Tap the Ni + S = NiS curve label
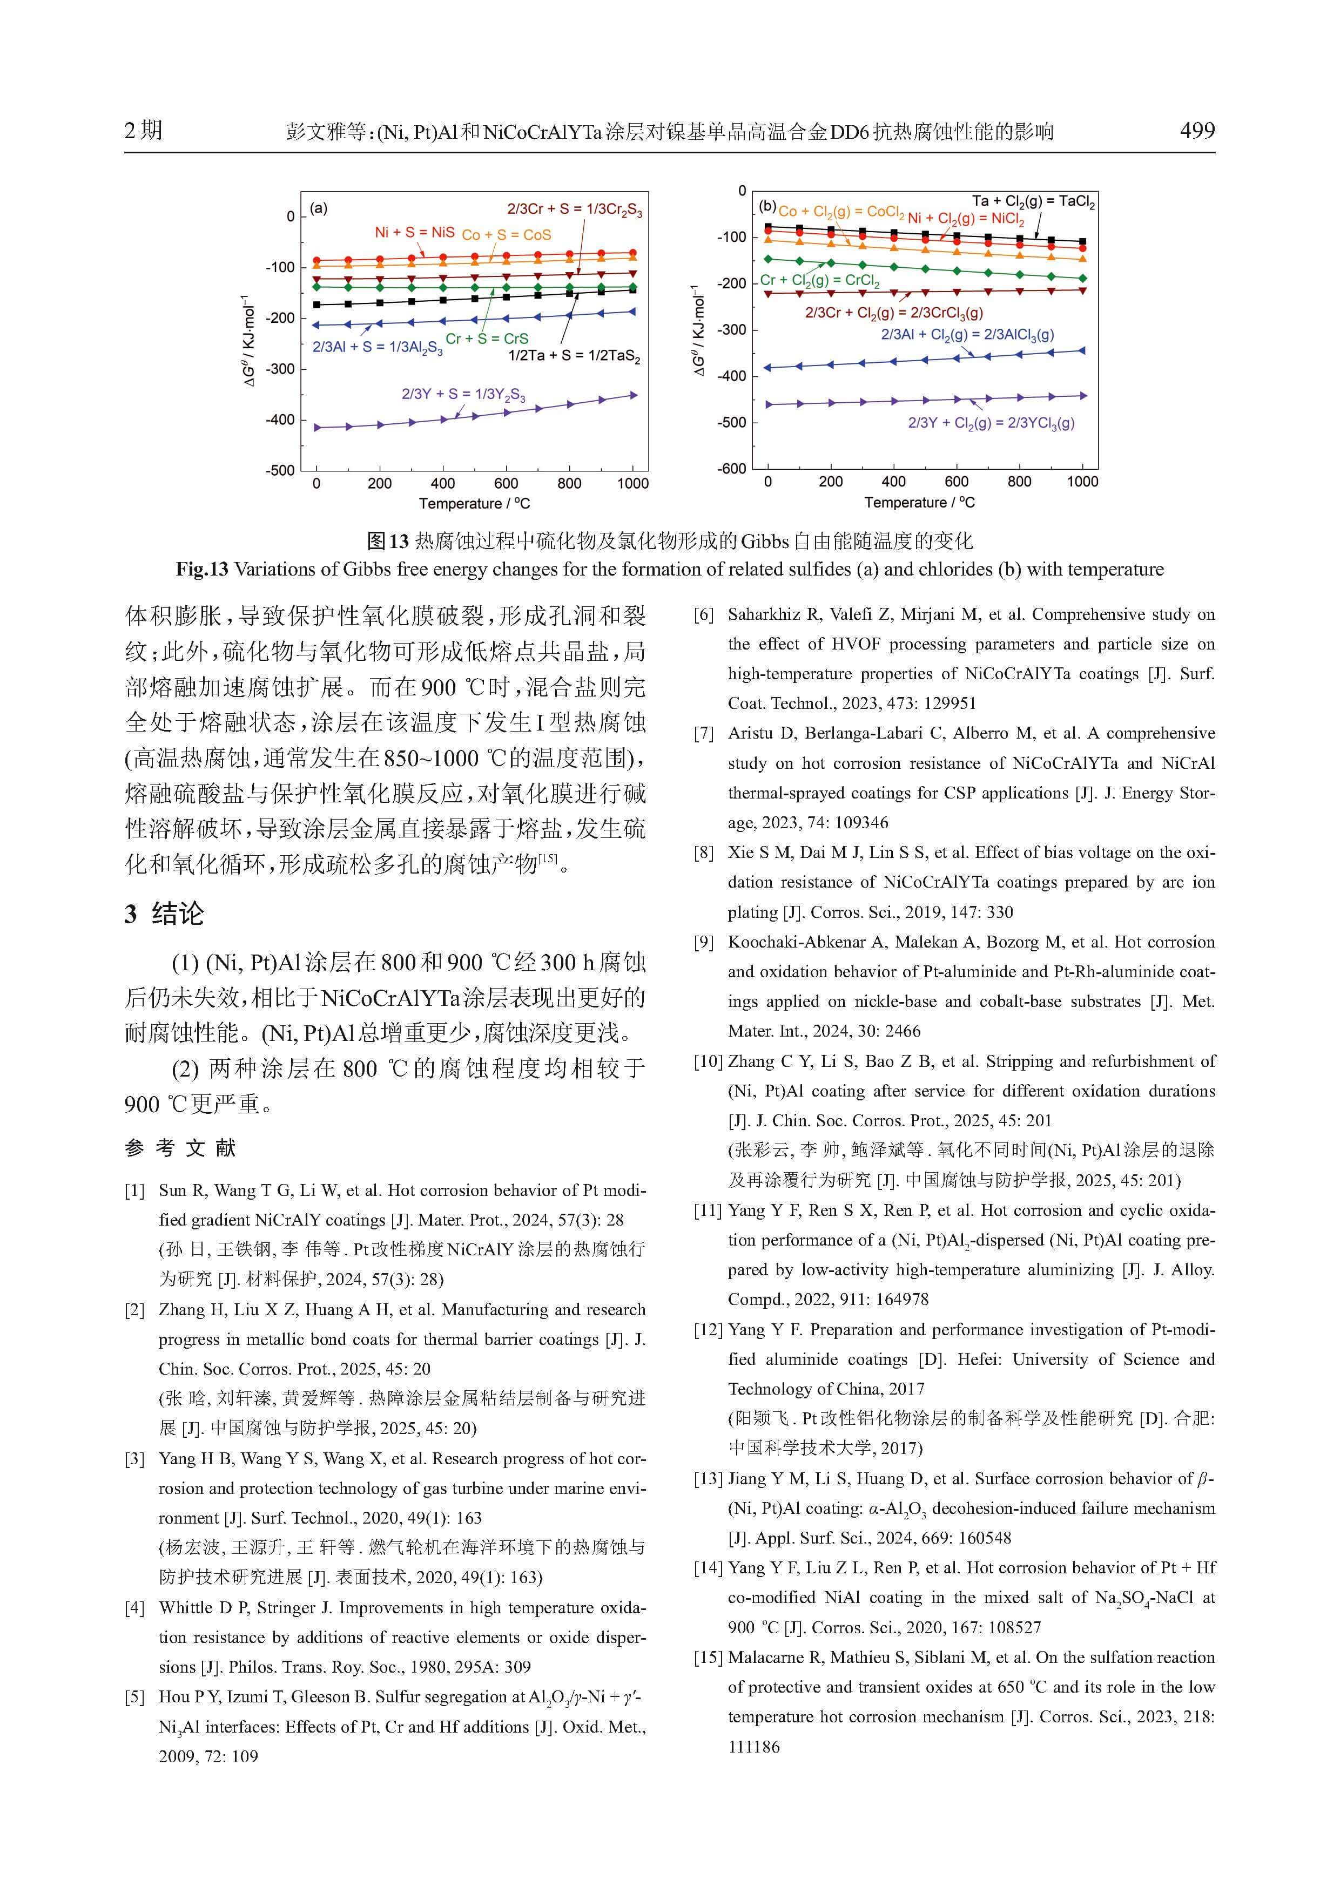(414, 233)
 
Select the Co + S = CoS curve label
(506, 235)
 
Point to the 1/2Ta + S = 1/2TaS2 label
(574, 356)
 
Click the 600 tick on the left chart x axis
(506, 483)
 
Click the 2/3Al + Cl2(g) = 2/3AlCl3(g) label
(967, 335)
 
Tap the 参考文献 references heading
(181, 1147)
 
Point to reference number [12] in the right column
(708, 1330)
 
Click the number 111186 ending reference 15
(753, 1747)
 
